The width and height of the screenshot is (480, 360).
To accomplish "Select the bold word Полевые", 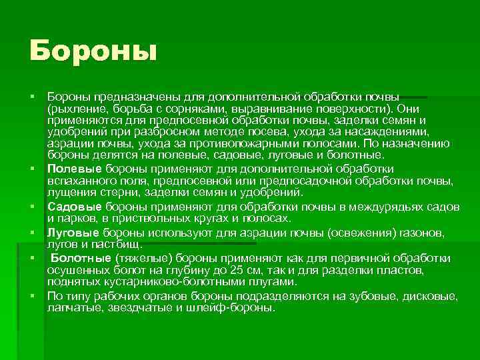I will [x=72, y=169].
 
